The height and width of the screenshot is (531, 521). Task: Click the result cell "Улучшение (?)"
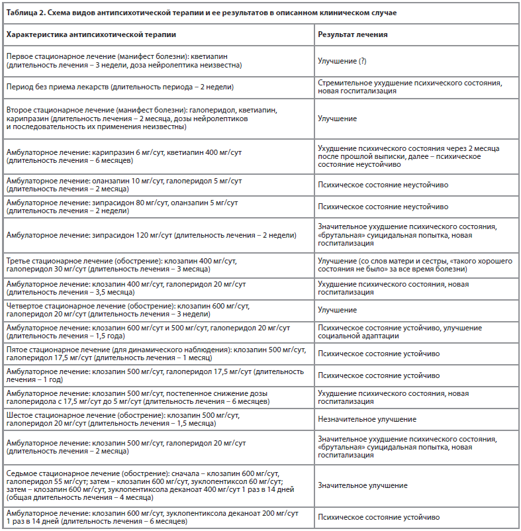(342, 61)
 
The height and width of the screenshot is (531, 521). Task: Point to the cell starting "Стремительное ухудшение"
(410, 87)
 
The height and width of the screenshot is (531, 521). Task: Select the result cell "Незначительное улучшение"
(367, 418)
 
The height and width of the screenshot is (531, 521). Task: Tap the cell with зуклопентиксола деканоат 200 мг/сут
(152, 517)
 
